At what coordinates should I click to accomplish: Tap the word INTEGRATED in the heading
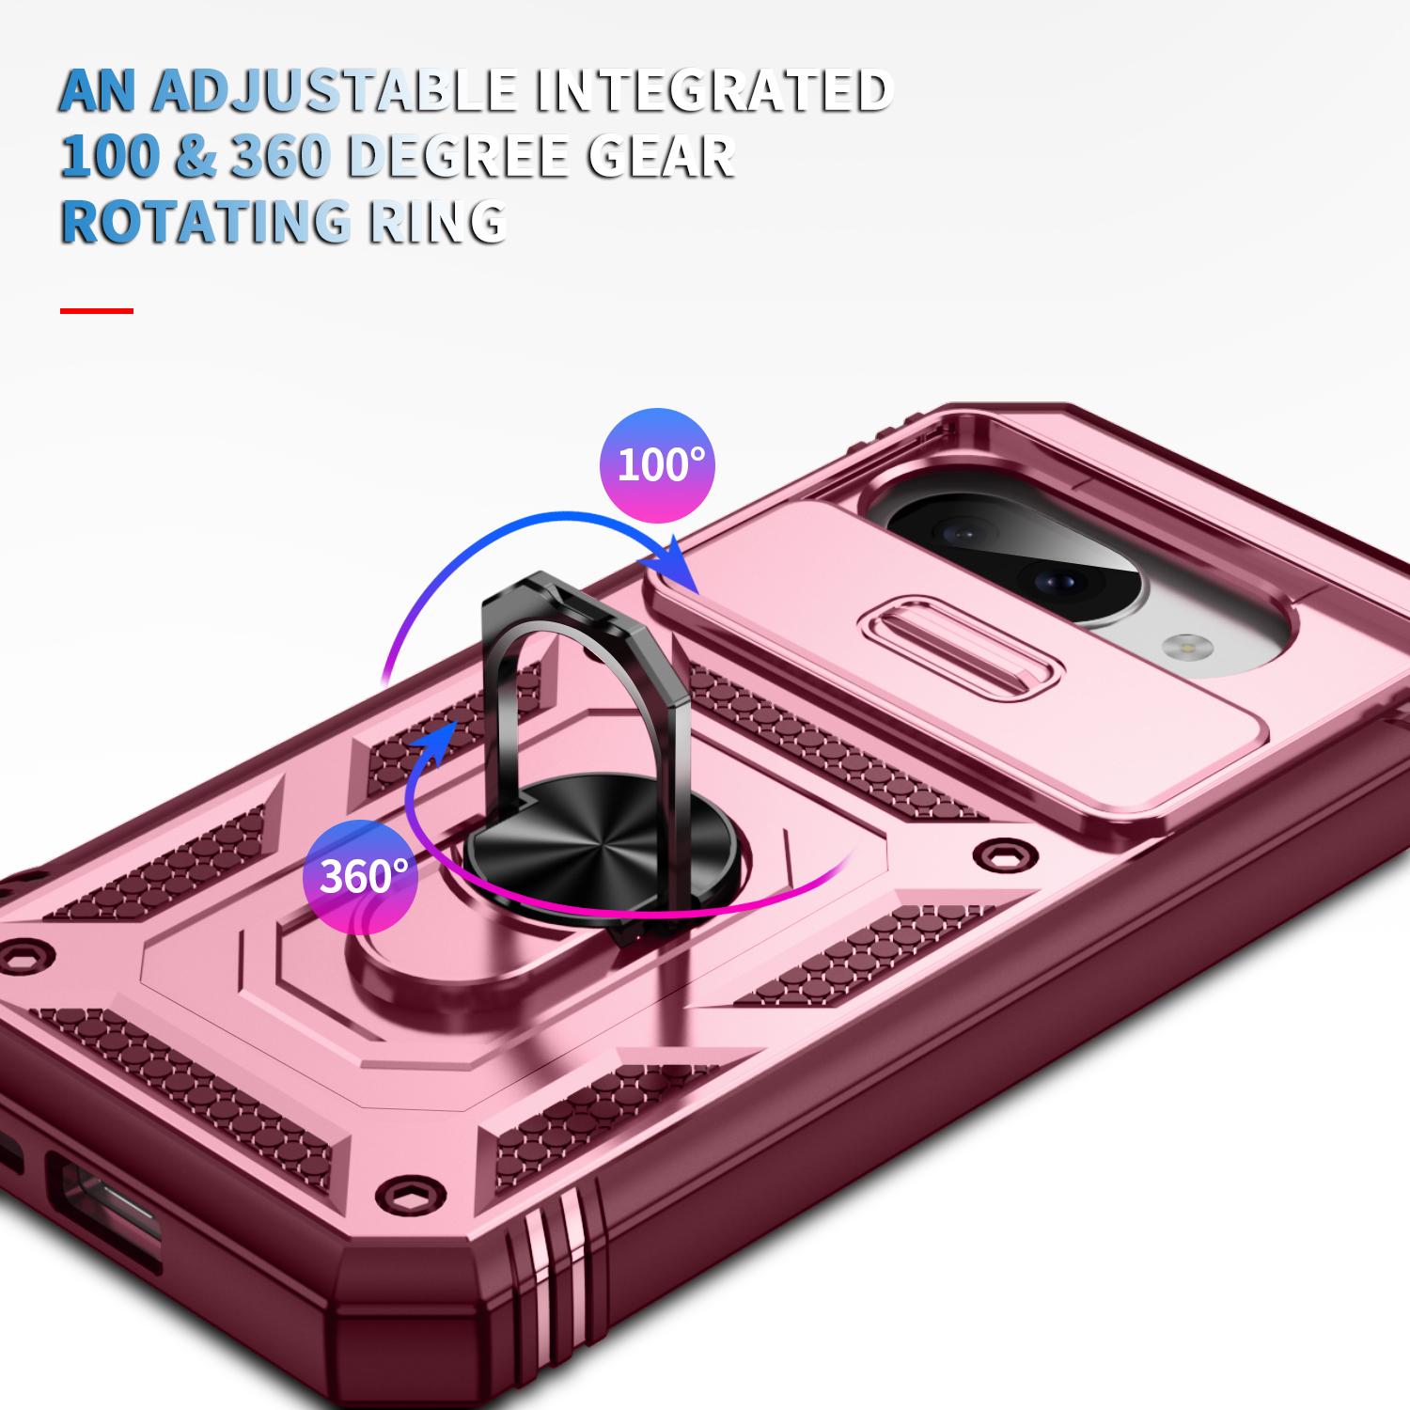(713, 90)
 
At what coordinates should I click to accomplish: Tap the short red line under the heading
(97, 310)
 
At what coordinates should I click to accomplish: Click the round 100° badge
(658, 465)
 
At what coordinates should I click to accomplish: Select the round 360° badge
(361, 876)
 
